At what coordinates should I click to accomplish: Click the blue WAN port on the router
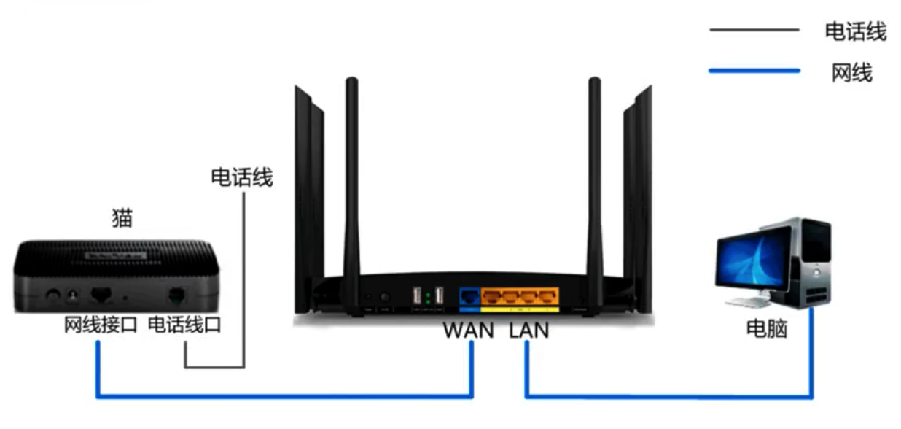tap(469, 296)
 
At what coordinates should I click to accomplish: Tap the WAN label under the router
tap(469, 331)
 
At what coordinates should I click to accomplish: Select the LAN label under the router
tap(529, 331)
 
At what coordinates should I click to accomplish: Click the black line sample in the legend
tap(754, 30)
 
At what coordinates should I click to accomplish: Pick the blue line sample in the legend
tap(754, 71)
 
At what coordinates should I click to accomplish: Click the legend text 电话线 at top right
tap(855, 31)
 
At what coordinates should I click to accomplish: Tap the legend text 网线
tap(851, 72)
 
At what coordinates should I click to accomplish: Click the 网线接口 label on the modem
tap(101, 325)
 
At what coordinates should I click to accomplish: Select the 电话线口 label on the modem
tap(184, 325)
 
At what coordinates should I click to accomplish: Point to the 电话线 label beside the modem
tap(241, 177)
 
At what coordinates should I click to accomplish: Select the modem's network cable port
tap(101, 295)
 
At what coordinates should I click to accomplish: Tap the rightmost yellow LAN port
tap(547, 296)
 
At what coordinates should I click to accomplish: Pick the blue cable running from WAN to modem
tap(284, 397)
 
